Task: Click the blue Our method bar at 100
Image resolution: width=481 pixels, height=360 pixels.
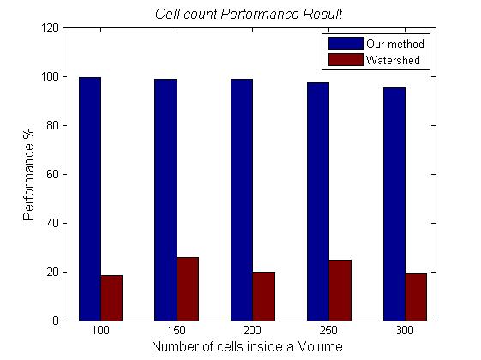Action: pyautogui.click(x=90, y=199)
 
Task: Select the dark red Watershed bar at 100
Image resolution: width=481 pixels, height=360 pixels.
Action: pyautogui.click(x=111, y=297)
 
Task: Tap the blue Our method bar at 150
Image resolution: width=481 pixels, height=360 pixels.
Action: pyautogui.click(x=165, y=200)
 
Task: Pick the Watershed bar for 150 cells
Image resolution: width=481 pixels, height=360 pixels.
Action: pyautogui.click(x=188, y=289)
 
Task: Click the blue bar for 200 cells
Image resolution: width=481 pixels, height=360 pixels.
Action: pyautogui.click(x=242, y=200)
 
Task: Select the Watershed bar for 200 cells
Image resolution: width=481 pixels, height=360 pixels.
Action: pyautogui.click(x=263, y=296)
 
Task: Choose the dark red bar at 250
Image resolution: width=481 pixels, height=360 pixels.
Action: pyautogui.click(x=340, y=290)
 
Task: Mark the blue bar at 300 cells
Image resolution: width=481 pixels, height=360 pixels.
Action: pyautogui.click(x=394, y=204)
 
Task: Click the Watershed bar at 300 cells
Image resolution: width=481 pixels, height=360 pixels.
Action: pyautogui.click(x=416, y=297)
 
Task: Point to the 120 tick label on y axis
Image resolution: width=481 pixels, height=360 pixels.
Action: pyautogui.click(x=50, y=27)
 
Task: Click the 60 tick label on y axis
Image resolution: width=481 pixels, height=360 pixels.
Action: pyautogui.click(x=52, y=174)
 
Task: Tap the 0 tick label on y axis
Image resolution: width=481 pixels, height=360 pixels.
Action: pyautogui.click(x=55, y=321)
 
